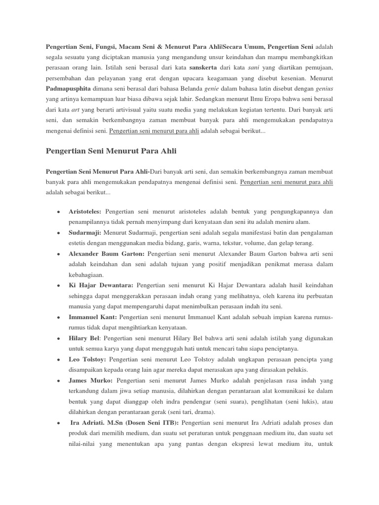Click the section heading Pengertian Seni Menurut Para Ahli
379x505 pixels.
(x=111, y=150)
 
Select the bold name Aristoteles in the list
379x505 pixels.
(x=85, y=212)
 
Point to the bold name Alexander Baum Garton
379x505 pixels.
(x=106, y=253)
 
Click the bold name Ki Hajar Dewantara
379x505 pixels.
(x=101, y=285)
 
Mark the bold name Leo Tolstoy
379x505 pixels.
(x=87, y=360)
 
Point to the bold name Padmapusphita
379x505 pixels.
(x=69, y=89)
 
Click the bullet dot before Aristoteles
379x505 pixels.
(x=59, y=212)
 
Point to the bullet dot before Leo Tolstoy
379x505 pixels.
(x=59, y=360)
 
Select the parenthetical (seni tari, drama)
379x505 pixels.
(x=192, y=412)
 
